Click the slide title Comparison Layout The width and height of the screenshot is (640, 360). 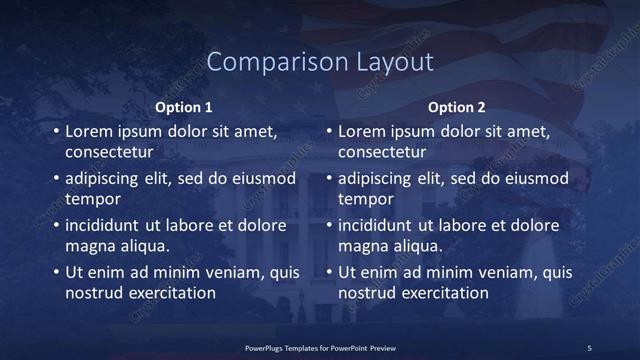320,62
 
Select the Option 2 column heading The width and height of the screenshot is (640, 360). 457,107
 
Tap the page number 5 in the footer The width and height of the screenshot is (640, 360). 589,347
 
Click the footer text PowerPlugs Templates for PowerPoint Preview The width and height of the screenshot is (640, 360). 320,347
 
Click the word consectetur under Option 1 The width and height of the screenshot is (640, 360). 109,153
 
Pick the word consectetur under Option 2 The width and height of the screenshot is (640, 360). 382,153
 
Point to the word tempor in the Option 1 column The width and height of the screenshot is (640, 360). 91,199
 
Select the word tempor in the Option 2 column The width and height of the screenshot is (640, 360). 364,199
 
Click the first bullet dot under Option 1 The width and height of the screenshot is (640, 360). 55,132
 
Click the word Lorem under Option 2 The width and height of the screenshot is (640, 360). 361,132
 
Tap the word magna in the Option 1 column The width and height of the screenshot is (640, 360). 88,246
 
